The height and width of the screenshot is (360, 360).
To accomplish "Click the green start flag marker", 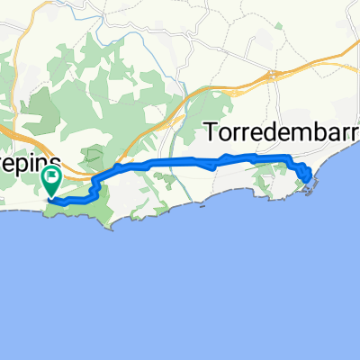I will (53, 183).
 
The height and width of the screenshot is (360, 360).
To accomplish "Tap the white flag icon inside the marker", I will (53, 177).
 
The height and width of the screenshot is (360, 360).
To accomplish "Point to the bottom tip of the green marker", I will (53, 197).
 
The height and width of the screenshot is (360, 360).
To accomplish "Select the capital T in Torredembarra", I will (215, 131).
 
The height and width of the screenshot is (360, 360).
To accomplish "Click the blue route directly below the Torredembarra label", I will (270, 158).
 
